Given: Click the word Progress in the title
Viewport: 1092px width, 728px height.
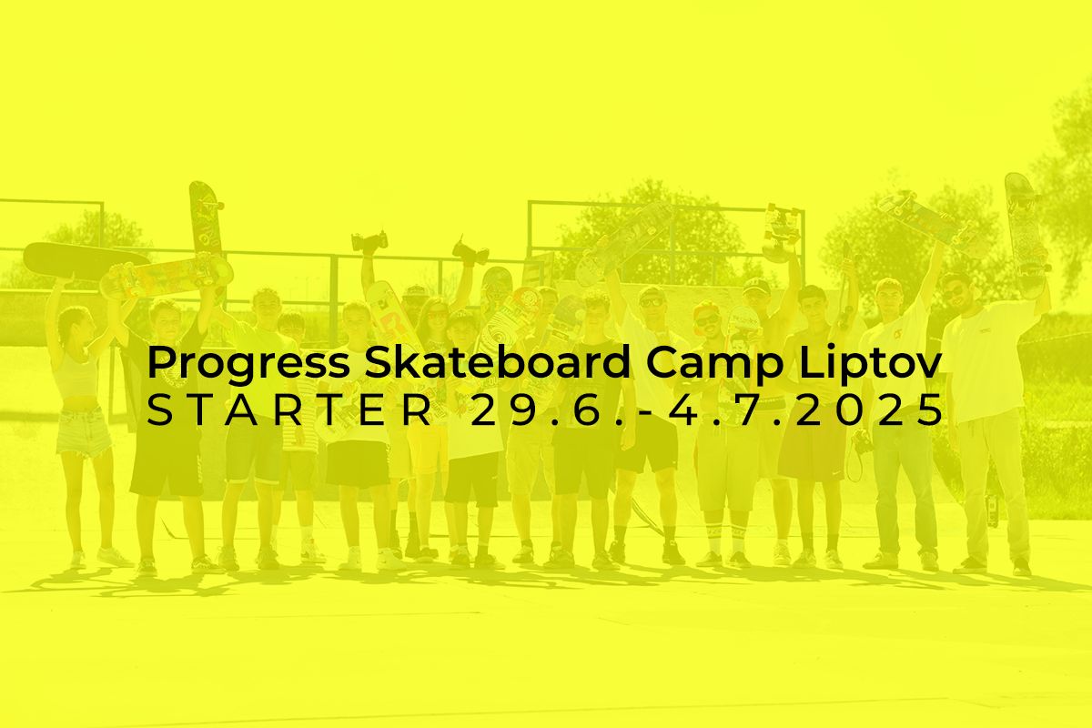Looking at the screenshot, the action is [x=248, y=364].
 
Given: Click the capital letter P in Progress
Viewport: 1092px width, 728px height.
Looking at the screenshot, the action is [x=161, y=362].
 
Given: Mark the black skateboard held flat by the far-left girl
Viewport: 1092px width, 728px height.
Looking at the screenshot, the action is [x=86, y=261].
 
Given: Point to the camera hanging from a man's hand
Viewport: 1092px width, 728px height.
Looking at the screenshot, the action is [x=863, y=440].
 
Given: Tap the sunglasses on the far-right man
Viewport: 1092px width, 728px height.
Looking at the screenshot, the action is [x=953, y=293].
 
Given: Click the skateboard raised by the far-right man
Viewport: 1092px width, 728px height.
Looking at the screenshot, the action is [x=1026, y=234].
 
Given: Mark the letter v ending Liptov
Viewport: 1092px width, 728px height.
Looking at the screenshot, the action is [x=926, y=367].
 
